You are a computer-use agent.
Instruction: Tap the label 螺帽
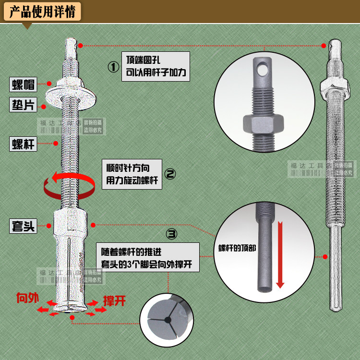pyautogui.click(x=23, y=85)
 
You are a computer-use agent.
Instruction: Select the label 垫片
pyautogui.click(x=23, y=105)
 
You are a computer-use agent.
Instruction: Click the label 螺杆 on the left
pyautogui.click(x=23, y=144)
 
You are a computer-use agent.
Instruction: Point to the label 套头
pyautogui.click(x=23, y=226)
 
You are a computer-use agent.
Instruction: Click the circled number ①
pyautogui.click(x=113, y=67)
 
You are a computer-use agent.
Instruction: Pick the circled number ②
pyautogui.click(x=171, y=174)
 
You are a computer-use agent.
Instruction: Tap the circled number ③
pyautogui.click(x=171, y=234)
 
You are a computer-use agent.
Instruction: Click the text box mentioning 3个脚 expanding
pyautogui.click(x=149, y=258)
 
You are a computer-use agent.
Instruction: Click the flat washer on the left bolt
pyautogui.click(x=70, y=96)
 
